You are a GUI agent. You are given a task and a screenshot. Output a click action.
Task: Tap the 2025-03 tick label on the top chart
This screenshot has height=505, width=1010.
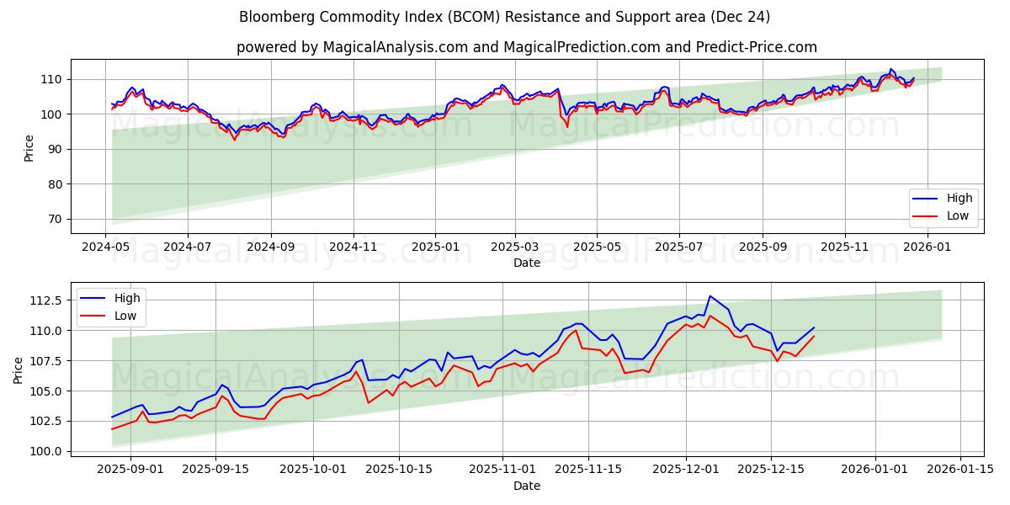point(514,247)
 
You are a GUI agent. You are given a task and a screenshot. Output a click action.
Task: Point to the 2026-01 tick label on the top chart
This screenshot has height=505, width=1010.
point(927,247)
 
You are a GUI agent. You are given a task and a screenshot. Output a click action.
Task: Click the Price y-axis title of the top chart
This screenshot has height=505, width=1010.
point(29,148)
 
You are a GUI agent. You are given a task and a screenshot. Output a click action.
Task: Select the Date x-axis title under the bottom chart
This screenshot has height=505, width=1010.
point(527,486)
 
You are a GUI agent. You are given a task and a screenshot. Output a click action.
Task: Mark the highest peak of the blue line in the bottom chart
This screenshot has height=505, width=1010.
point(710,296)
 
